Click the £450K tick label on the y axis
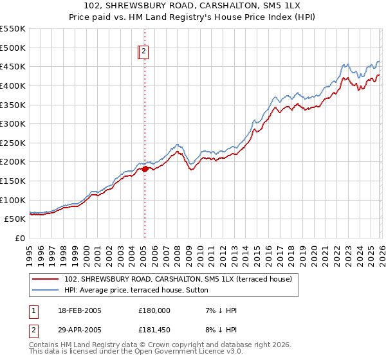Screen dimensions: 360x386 pos(13,66)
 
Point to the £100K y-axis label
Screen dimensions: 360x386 pos(13,200)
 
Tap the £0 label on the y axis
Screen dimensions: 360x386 pos(20,238)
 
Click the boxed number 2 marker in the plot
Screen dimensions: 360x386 pos(144,53)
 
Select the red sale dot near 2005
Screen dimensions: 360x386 pos(144,168)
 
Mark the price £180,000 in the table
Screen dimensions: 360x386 pos(154,310)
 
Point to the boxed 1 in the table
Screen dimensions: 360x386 pos(34,310)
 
